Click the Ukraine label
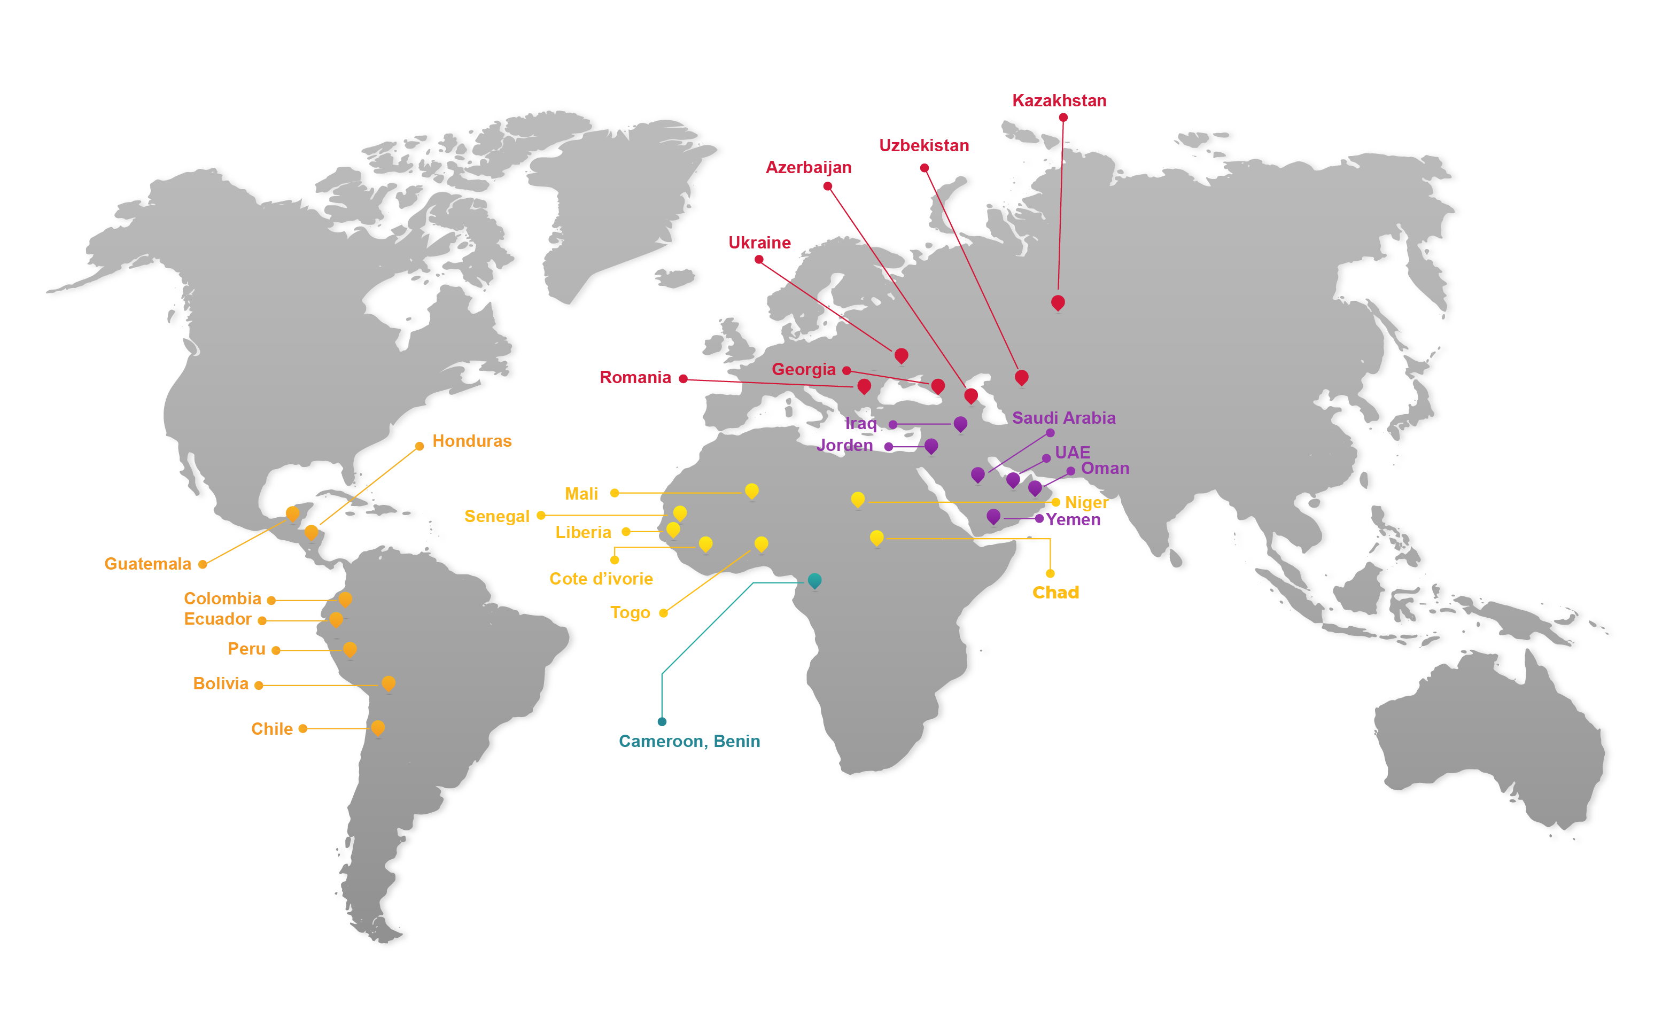[759, 243]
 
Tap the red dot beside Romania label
[683, 378]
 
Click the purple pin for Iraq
[960, 423]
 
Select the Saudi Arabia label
[1063, 418]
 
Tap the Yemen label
[1073, 519]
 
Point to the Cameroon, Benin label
[689, 741]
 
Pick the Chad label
[1055, 592]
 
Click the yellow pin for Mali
[751, 491]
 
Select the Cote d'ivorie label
[601, 579]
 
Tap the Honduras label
[472, 441]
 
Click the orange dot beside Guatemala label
[203, 564]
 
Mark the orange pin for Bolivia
[389, 683]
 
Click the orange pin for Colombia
[345, 598]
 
